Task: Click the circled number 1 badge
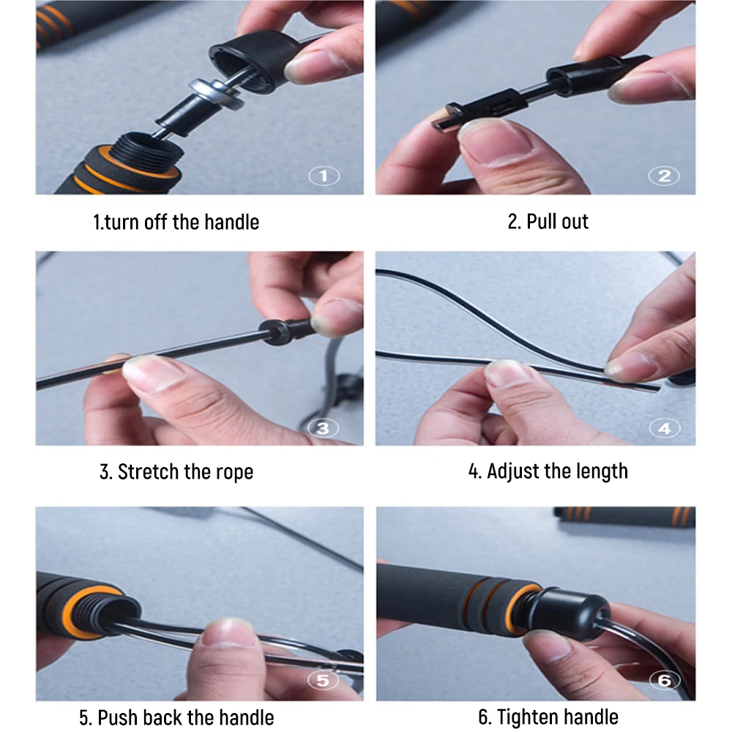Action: click(x=324, y=176)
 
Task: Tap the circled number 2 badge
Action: click(x=665, y=176)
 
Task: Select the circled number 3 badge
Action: click(x=323, y=427)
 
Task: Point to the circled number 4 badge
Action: click(x=665, y=427)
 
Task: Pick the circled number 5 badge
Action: click(x=323, y=680)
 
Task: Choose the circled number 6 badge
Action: click(x=665, y=680)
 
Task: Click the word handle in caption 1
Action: click(x=231, y=222)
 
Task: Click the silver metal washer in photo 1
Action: click(x=217, y=94)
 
